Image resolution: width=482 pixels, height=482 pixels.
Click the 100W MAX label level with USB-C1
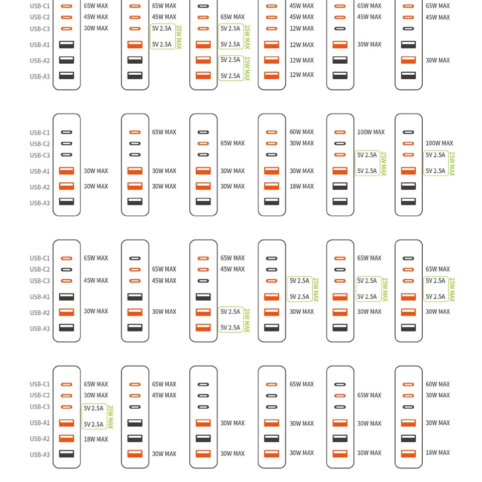coord(371,132)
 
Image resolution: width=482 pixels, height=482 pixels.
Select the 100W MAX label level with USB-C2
coord(439,143)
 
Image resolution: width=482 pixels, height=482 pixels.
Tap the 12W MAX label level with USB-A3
coord(301,75)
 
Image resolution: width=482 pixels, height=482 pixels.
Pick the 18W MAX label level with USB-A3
coord(437,452)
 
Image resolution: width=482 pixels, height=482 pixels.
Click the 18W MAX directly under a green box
coord(95,439)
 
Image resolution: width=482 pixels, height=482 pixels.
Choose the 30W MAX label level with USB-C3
coord(95,28)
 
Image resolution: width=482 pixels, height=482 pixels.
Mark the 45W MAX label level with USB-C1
coord(301,6)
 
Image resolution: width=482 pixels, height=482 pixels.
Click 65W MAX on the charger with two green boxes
coord(232,17)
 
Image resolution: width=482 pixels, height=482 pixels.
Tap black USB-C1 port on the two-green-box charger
coord(203,6)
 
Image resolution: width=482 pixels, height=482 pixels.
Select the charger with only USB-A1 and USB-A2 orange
coord(67,165)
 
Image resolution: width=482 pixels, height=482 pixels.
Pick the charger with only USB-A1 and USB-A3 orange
coord(203,417)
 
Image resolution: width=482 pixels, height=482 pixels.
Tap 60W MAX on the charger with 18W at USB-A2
coord(301,132)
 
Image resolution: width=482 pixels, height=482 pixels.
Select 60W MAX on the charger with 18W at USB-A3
coord(437,384)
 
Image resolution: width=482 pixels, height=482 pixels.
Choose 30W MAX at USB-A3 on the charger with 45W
coord(164,453)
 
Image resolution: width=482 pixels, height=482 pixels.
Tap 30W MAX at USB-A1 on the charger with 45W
coord(369,44)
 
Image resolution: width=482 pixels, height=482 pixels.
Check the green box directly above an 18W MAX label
coord(94,416)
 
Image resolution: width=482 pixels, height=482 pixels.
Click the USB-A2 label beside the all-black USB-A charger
coord(40,61)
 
